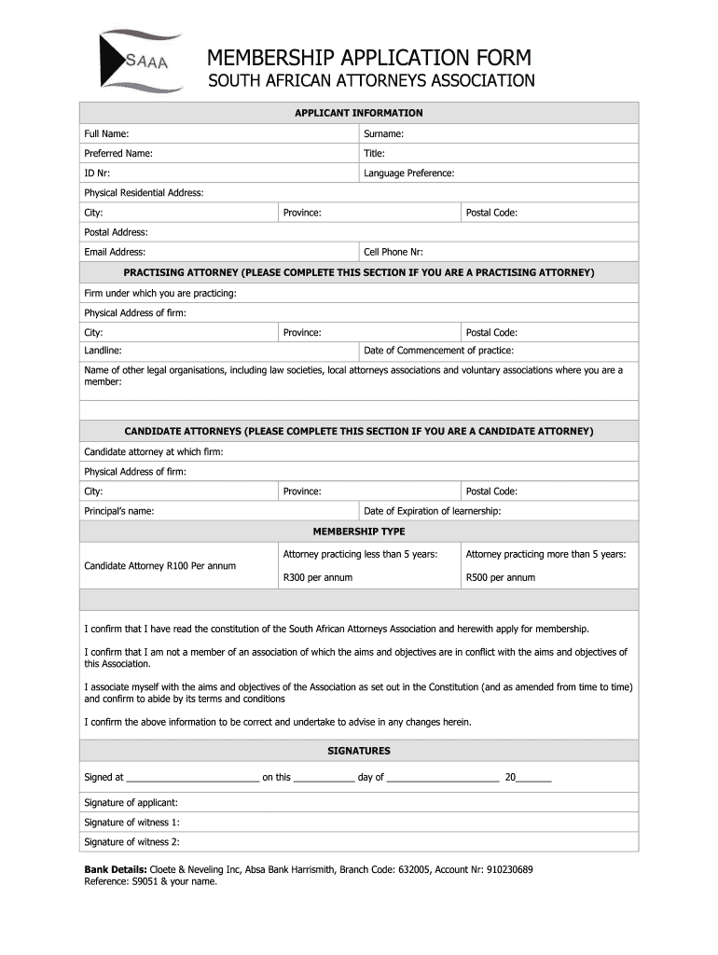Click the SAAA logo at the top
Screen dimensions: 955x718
tap(139, 62)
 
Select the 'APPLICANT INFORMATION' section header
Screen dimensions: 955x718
tap(359, 113)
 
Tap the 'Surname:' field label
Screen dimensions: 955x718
tap(383, 134)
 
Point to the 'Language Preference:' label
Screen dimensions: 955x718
tap(408, 173)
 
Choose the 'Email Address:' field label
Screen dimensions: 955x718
tap(115, 252)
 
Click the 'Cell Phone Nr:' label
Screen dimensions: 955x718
tap(394, 252)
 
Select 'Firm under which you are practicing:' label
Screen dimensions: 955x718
tap(160, 293)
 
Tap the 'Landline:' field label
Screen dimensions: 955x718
tap(103, 351)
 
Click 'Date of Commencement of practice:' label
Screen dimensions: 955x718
tap(438, 351)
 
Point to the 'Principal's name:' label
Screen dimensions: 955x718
tap(119, 511)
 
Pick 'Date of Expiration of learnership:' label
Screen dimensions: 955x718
tap(432, 511)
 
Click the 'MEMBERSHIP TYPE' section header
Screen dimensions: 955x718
tap(359, 532)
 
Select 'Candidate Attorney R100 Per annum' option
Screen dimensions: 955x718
tap(160, 565)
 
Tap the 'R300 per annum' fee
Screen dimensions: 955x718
tap(318, 577)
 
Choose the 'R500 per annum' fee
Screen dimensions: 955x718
tap(501, 577)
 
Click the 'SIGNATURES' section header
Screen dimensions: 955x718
tap(359, 751)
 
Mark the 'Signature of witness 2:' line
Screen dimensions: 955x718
tap(131, 842)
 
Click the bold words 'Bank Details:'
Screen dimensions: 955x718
tap(116, 869)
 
